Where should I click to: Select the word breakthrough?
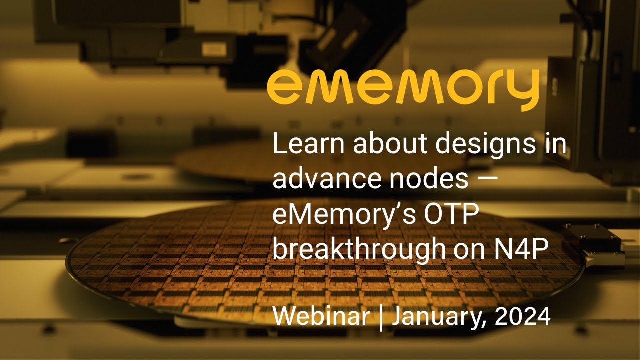355,248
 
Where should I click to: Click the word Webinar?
321,316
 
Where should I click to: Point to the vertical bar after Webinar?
381,317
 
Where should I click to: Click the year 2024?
522,316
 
